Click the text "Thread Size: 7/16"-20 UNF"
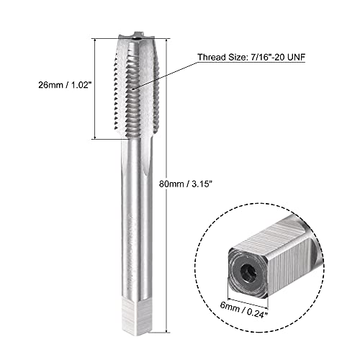[x=251, y=57]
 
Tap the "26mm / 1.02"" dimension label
[x=66, y=85]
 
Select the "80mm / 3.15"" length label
[x=186, y=184]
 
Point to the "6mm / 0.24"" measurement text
[x=243, y=310]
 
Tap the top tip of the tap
[x=137, y=34]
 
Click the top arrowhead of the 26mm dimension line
[x=95, y=41]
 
